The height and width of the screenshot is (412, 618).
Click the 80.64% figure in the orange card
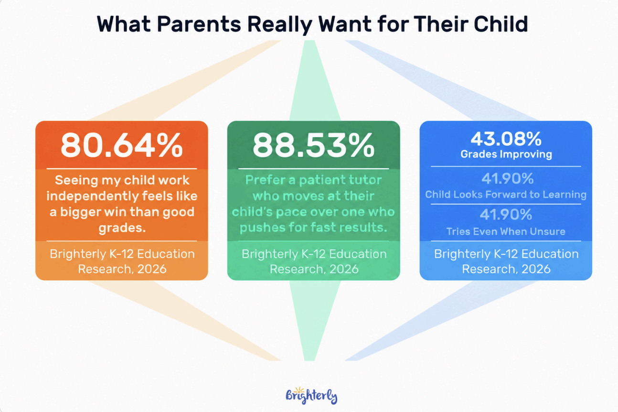[x=122, y=145]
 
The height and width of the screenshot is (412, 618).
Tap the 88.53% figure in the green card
[x=313, y=145]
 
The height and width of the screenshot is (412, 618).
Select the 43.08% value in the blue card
[x=506, y=139]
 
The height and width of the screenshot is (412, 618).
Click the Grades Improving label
[x=506, y=154]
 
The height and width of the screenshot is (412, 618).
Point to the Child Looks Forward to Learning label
[x=506, y=195]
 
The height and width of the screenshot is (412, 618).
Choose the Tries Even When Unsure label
[x=506, y=231]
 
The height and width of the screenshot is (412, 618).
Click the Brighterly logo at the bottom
[x=311, y=395]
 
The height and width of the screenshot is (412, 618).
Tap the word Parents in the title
[x=199, y=24]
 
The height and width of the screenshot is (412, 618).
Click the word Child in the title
[x=501, y=24]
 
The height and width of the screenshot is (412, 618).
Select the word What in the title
[x=124, y=24]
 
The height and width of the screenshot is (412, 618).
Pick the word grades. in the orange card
[x=122, y=228]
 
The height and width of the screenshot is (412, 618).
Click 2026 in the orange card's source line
[x=152, y=269]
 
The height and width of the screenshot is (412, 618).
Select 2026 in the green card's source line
[x=344, y=269]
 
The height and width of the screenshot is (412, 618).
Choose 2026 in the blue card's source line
[x=536, y=269]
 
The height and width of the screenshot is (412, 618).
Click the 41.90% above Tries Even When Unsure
[x=506, y=215]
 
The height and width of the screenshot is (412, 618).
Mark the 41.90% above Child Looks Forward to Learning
[x=507, y=178]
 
